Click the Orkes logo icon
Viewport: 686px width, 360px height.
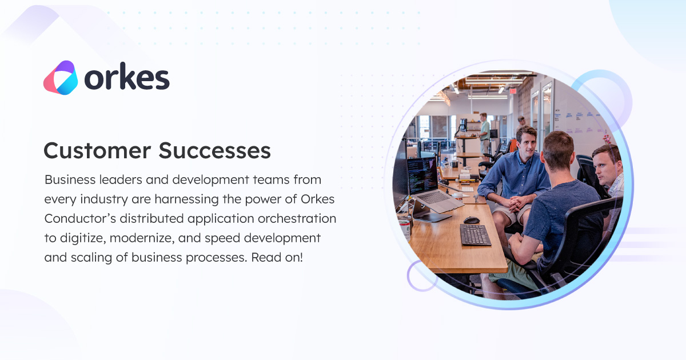60,78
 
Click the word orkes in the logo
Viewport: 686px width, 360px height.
127,78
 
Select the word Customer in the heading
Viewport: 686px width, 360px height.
97,150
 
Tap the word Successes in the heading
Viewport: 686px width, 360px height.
214,150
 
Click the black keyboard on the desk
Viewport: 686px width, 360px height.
475,235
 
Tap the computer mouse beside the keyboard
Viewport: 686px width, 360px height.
472,220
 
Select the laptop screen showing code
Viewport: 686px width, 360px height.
422,175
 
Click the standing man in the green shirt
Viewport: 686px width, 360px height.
485,131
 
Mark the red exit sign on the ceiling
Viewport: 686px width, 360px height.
513,90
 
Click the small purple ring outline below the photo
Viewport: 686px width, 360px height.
422,276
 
